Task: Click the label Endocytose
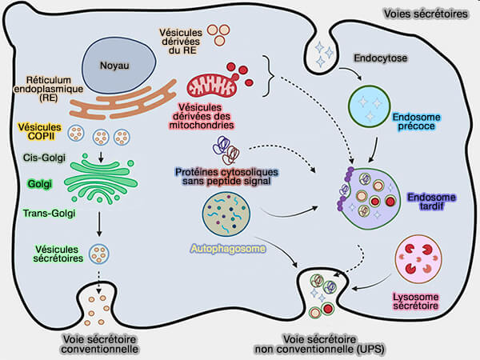pos(380,58)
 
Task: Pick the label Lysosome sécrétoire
pos(421,301)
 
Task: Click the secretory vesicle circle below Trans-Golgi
pos(98,254)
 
